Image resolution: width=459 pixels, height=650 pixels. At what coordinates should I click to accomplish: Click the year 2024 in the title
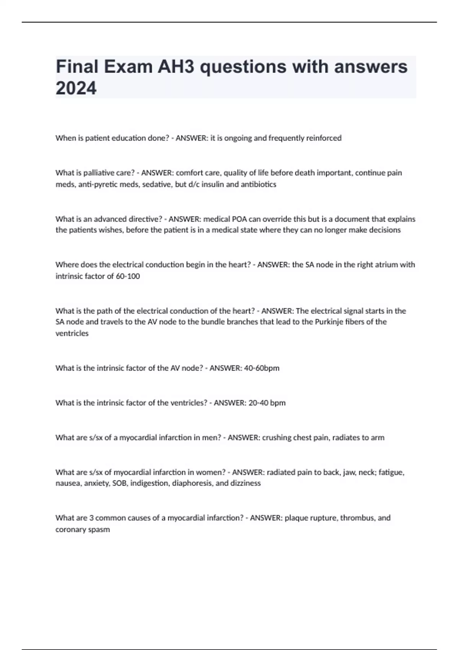click(x=76, y=88)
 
